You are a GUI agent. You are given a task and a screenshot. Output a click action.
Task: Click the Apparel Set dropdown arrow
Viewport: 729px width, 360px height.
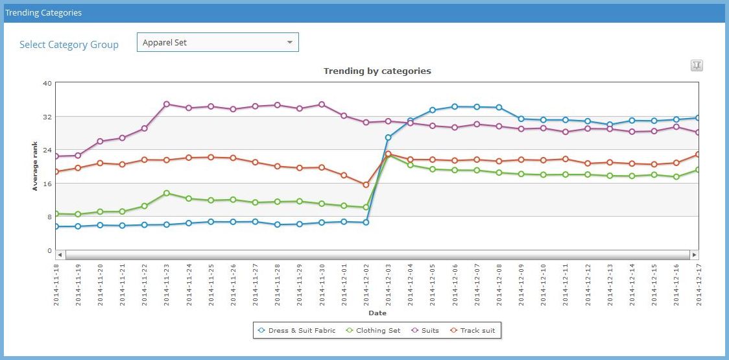point(289,43)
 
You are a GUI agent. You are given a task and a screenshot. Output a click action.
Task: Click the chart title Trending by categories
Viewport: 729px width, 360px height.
point(377,71)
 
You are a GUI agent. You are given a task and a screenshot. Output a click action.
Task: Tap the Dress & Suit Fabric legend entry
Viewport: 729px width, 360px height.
point(297,331)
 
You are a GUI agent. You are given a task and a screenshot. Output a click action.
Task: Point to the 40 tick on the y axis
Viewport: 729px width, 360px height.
point(47,83)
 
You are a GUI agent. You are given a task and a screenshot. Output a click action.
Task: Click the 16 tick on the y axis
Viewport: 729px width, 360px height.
point(47,184)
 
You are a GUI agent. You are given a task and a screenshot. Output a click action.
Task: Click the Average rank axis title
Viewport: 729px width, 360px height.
point(36,167)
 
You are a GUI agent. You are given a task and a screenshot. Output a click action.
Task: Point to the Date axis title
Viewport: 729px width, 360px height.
point(377,313)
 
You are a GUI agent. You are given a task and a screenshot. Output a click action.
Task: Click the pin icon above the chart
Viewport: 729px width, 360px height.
point(697,66)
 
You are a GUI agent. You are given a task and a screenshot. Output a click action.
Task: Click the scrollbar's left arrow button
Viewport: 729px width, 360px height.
point(60,255)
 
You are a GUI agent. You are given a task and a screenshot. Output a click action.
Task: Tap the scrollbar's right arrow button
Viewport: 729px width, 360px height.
point(694,255)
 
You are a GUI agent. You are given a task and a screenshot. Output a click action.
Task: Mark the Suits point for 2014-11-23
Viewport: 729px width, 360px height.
point(167,104)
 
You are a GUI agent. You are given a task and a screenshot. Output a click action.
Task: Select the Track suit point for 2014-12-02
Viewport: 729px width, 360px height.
point(366,185)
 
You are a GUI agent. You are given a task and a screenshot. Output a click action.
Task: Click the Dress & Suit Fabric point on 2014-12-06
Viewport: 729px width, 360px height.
point(455,106)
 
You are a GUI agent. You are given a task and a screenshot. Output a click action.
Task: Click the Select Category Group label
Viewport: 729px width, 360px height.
point(69,45)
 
